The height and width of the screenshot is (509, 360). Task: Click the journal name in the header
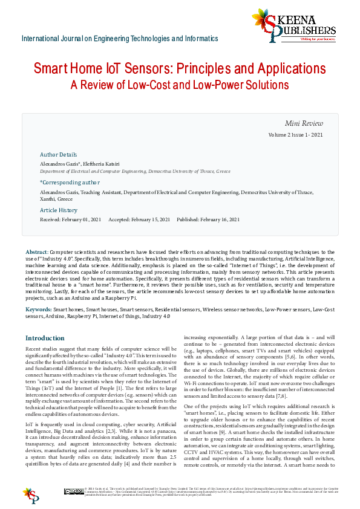click(x=120, y=39)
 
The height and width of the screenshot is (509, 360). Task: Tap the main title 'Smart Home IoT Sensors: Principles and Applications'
click(x=180, y=68)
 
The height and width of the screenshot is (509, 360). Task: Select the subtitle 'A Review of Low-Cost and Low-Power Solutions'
click(x=180, y=85)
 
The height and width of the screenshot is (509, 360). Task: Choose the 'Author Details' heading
click(x=58, y=155)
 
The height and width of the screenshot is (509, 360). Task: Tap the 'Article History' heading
click(x=59, y=210)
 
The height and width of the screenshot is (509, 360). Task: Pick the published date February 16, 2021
click(x=217, y=219)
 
